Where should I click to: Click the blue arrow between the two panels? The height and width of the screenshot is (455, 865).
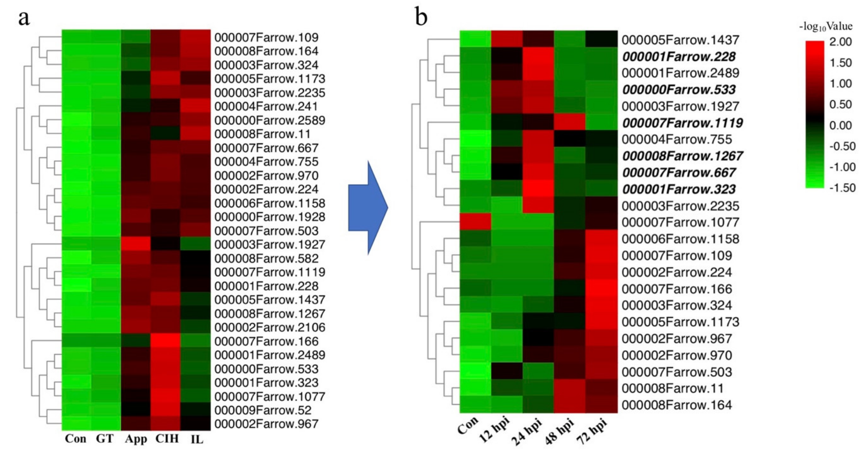pyautogui.click(x=368, y=208)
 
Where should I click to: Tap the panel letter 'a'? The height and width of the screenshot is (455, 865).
pyautogui.click(x=24, y=18)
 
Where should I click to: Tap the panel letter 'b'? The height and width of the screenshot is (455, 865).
pyautogui.click(x=421, y=17)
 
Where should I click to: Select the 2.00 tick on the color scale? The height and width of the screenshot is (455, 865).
pyautogui.click(x=840, y=42)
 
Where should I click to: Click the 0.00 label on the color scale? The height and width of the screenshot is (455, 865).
pyautogui.click(x=840, y=125)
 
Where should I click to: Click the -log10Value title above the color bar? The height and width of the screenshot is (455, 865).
pyautogui.click(x=826, y=26)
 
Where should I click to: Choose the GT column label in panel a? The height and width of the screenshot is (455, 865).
pyautogui.click(x=105, y=438)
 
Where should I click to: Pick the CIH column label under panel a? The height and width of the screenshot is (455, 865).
pyautogui.click(x=167, y=438)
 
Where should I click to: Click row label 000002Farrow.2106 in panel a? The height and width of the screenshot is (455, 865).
pyautogui.click(x=270, y=327)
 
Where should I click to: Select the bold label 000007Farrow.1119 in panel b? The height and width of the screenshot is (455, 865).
pyautogui.click(x=682, y=123)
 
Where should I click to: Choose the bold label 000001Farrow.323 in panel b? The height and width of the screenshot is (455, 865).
pyautogui.click(x=679, y=189)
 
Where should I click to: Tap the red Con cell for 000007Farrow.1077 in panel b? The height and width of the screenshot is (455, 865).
pyautogui.click(x=475, y=222)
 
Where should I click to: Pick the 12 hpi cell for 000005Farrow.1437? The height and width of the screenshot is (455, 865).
pyautogui.click(x=507, y=40)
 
